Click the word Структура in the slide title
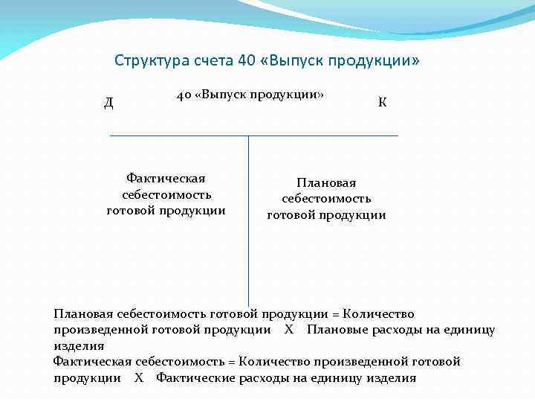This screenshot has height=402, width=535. click(x=149, y=60)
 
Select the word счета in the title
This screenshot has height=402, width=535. click(x=213, y=60)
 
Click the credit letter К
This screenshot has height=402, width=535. click(x=382, y=102)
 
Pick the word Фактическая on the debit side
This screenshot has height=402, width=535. click(x=166, y=179)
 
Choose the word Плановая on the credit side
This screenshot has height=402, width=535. click(x=327, y=183)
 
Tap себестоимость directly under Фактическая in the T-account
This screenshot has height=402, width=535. click(x=166, y=194)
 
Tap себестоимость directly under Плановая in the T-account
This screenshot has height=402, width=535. click(x=327, y=199)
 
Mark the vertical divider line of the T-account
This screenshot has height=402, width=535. click(x=248, y=223)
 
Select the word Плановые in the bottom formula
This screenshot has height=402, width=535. click(x=334, y=330)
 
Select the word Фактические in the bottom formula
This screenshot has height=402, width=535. click(x=195, y=377)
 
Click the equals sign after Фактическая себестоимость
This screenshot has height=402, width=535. click(x=231, y=362)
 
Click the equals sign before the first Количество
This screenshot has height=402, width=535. click(x=336, y=314)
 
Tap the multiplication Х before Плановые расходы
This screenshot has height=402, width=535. click(x=289, y=330)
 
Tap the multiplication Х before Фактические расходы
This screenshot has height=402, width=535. click(x=139, y=377)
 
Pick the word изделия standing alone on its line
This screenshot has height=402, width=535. click(x=79, y=346)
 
